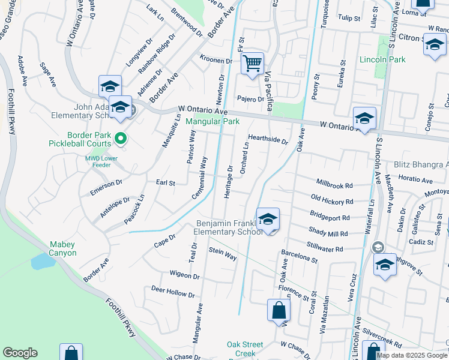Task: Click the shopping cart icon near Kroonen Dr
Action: (x=252, y=62)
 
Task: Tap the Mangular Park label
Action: (x=212, y=122)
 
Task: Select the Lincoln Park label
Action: (x=382, y=59)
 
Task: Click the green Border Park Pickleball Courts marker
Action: (x=120, y=139)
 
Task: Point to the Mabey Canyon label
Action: (x=63, y=248)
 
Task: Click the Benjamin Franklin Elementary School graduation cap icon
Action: (x=268, y=219)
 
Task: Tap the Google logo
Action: (x=20, y=353)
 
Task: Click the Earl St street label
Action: (x=165, y=182)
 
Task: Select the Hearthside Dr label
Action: (x=268, y=139)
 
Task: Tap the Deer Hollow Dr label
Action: (x=173, y=292)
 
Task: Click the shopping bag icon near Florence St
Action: (x=279, y=310)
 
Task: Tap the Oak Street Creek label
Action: (x=244, y=349)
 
